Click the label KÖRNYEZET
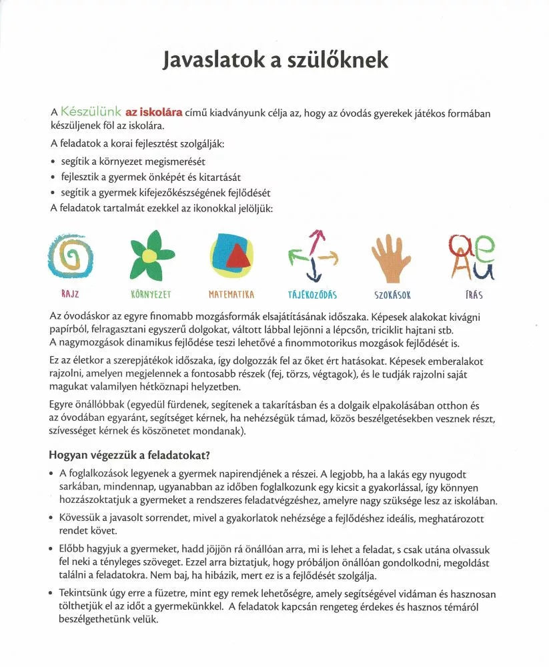pos(151,294)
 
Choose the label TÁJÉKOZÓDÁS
pos(313,294)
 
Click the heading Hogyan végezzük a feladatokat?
pos(130,455)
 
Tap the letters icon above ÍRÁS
pos(471,257)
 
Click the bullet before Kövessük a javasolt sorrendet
pos(53,519)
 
